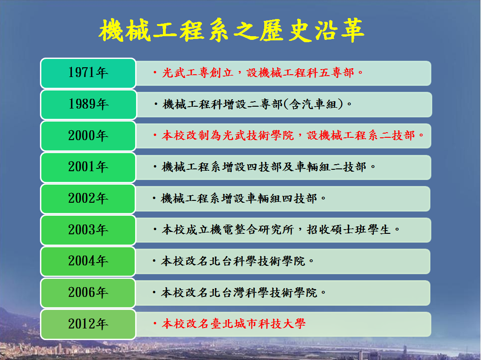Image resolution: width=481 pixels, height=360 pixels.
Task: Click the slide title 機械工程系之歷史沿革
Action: [x=232, y=30]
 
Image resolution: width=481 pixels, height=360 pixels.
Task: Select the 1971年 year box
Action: [x=88, y=73]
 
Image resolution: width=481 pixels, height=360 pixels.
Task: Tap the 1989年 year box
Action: [x=88, y=104]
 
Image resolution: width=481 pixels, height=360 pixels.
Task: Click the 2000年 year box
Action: [x=88, y=136]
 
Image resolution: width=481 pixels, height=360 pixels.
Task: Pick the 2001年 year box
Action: [x=88, y=167]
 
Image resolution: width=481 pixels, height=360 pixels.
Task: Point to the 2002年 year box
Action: [x=88, y=199]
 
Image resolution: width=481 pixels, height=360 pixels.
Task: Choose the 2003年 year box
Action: [x=88, y=230]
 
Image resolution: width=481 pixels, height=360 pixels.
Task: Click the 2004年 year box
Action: [x=88, y=262]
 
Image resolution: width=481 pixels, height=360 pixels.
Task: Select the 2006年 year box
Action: [x=88, y=293]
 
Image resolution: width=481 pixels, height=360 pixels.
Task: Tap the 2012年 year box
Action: [x=88, y=324]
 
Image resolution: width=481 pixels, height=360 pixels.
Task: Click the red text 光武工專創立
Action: [x=198, y=73]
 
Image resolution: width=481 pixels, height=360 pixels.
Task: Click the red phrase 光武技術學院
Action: [x=258, y=135]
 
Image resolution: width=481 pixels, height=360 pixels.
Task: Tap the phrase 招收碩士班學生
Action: [x=349, y=229]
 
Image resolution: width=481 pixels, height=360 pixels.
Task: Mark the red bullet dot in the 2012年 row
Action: [x=155, y=323]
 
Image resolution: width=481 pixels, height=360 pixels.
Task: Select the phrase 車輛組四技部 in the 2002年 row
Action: [x=282, y=199]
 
